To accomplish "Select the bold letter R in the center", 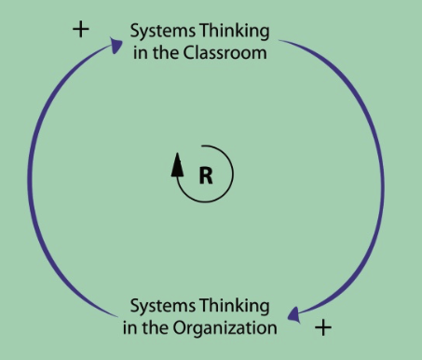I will tap(206, 173).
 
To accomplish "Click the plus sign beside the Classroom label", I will tap(81, 29).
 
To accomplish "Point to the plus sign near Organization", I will tap(322, 327).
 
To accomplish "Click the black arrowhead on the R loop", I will tap(177, 165).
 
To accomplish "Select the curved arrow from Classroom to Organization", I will tap(377, 177).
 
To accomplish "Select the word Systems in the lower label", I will tap(160, 307).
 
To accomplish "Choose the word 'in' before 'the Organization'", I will tap(129, 328).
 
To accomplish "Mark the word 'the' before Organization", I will tap(155, 328).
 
